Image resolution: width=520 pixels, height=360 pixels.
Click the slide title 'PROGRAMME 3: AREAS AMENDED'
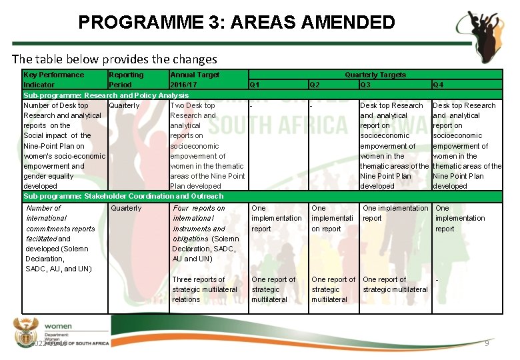(236, 23)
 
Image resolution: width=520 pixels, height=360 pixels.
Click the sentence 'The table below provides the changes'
(115, 59)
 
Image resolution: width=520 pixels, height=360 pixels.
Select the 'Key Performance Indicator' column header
(53, 80)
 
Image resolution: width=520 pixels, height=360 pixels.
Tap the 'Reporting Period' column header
(125, 80)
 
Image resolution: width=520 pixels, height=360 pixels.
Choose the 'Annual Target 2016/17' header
(195, 80)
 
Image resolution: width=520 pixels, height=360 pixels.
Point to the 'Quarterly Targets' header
(375, 75)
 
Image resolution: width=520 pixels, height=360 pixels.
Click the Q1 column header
(254, 85)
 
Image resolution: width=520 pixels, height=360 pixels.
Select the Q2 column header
(315, 85)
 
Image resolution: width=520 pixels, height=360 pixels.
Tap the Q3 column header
(365, 85)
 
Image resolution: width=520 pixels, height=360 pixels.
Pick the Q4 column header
(438, 85)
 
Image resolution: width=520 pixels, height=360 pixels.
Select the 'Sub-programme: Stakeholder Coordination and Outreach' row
(123, 196)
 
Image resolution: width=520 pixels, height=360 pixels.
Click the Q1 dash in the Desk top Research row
(251, 105)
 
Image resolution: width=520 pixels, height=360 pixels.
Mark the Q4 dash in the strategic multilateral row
(437, 280)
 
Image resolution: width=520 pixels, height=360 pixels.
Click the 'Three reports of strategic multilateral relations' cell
(205, 289)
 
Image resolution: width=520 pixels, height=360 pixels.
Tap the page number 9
(487, 343)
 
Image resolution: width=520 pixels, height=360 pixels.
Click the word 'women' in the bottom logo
(58, 327)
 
